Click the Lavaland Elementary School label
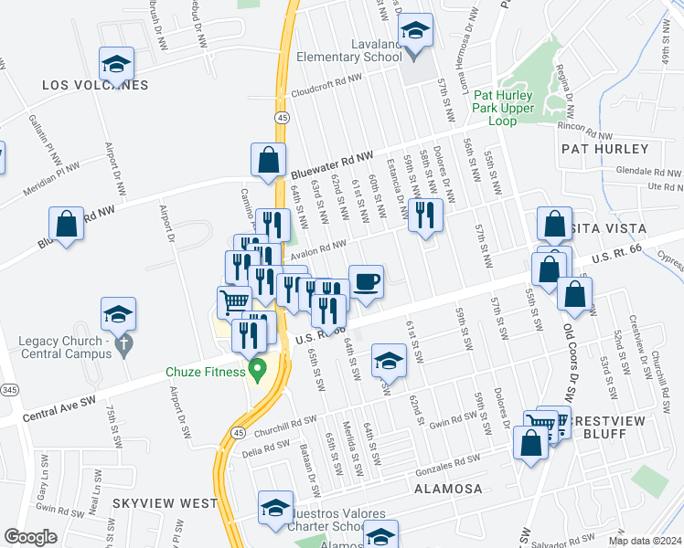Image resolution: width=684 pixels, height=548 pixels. tap(349, 49)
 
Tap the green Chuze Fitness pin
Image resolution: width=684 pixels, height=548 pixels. tap(257, 370)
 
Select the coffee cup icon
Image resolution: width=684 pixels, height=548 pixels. tap(366, 280)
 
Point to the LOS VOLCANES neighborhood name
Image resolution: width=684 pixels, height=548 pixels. tap(95, 86)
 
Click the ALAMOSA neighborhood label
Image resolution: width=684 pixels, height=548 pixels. tap(447, 489)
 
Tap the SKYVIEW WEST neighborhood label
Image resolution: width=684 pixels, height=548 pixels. tap(166, 503)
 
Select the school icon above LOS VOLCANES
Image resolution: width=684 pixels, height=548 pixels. tap(116, 64)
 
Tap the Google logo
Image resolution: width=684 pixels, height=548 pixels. tap(30, 537)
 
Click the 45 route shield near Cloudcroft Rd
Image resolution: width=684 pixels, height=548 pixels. tap(283, 118)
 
